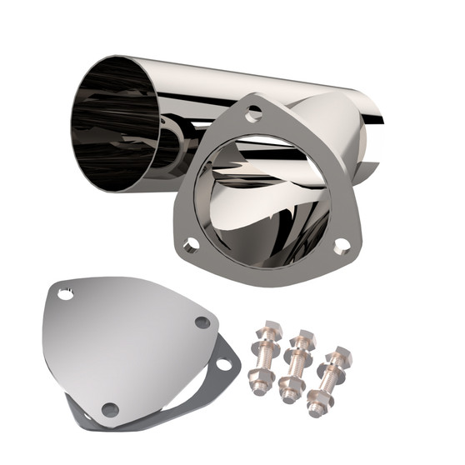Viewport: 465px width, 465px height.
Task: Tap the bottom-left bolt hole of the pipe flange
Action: pyautogui.click(x=191, y=245)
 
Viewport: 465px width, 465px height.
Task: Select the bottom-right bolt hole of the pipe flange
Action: pyautogui.click(x=341, y=246)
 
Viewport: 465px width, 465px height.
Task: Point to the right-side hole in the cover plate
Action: pyautogui.click(x=202, y=322)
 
